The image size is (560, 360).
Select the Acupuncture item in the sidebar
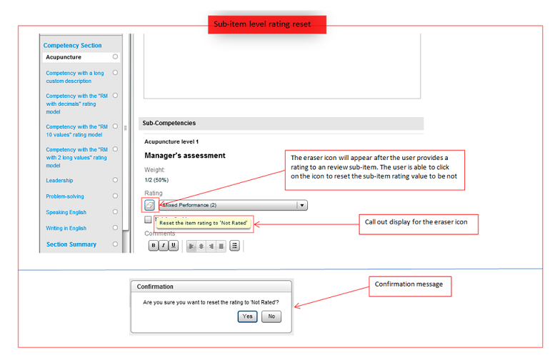click(x=64, y=57)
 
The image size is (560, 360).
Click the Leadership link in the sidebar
click(x=59, y=181)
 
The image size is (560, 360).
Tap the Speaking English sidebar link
click(x=66, y=212)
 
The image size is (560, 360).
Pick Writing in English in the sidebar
click(x=66, y=229)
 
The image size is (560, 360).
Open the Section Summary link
click(x=71, y=244)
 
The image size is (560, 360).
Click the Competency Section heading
click(x=72, y=45)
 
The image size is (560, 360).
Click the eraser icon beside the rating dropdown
click(x=150, y=205)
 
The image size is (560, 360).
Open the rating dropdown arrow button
click(x=302, y=206)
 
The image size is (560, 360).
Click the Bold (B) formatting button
click(x=154, y=246)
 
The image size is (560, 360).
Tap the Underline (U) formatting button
click(x=173, y=246)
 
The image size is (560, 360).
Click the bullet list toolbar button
click(x=234, y=246)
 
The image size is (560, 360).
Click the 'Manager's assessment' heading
click(x=185, y=156)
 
